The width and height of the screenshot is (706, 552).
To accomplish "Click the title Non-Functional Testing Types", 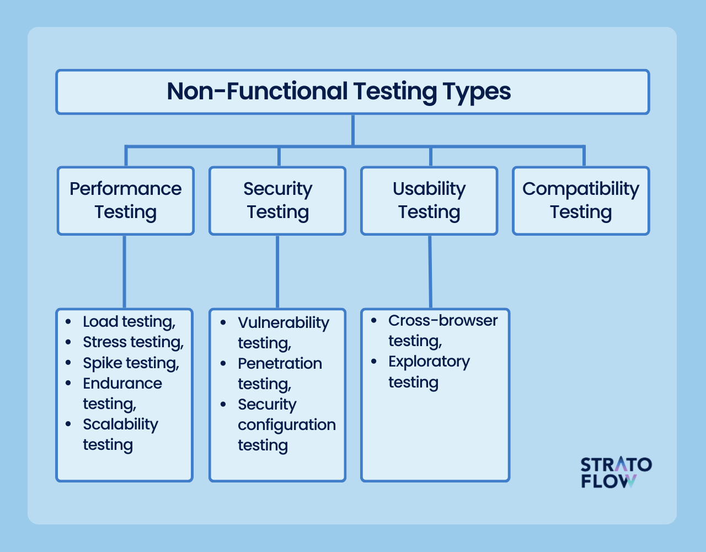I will coord(339,92).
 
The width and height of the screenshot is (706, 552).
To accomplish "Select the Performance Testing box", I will coord(126,200).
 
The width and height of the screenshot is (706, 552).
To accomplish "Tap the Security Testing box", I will coord(277,200).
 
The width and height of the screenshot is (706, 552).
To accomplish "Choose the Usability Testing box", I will coord(429,200).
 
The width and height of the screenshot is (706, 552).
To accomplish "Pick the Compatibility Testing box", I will coord(581,200).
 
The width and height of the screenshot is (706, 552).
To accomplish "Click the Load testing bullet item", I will coord(129,322).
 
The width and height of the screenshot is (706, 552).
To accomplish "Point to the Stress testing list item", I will coord(133,342).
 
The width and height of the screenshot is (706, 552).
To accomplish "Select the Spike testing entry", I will coord(131,363).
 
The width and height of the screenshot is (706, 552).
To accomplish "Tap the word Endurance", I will coord(122,384).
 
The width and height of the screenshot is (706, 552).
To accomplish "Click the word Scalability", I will coord(120,424).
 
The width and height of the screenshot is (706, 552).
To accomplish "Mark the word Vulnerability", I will coord(284,323).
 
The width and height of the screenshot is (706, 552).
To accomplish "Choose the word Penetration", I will coord(280,364).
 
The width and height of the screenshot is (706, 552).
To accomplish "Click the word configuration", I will coord(287,425).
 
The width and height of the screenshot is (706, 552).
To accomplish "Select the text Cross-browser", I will coord(443,321).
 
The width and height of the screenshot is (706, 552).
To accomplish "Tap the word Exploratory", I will coord(429,362).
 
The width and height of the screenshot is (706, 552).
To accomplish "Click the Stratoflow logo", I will coord(616,473).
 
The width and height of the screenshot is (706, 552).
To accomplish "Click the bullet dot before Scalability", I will coord(68,424).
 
